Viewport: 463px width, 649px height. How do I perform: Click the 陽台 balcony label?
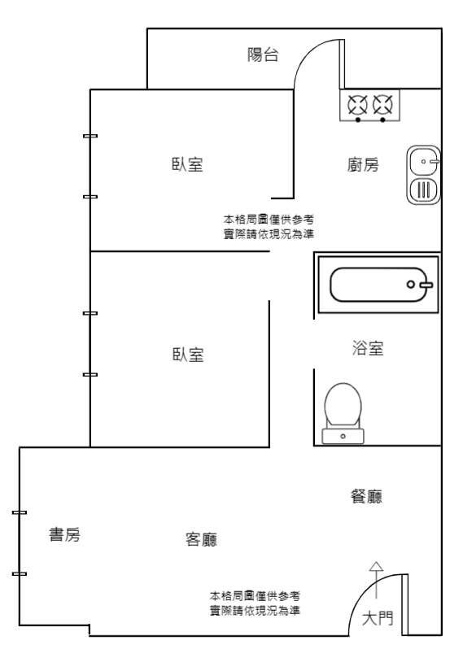point(263,54)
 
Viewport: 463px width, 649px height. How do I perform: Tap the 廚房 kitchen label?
point(363,165)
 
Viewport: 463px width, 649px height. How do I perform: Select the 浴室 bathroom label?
point(367,348)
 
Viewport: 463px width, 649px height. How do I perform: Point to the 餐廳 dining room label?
point(366,496)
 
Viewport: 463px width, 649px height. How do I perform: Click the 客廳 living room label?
point(201,539)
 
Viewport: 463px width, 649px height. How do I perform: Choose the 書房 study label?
point(64,534)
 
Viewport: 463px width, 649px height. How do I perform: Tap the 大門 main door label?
point(378,618)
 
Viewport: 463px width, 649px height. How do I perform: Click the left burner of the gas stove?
point(357,105)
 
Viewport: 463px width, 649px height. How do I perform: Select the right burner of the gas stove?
point(382,105)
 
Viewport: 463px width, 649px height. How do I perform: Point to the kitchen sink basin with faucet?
point(424,161)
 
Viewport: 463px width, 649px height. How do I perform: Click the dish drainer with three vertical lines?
point(424,190)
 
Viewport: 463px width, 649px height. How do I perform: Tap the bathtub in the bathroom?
point(378,285)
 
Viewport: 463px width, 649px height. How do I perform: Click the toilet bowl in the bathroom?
point(343,404)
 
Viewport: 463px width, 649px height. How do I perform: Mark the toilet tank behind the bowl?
point(343,436)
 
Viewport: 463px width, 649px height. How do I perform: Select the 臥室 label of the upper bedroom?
point(187,164)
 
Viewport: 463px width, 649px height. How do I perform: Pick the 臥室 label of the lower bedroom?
point(188,355)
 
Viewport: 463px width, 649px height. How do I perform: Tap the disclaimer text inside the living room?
point(254,603)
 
